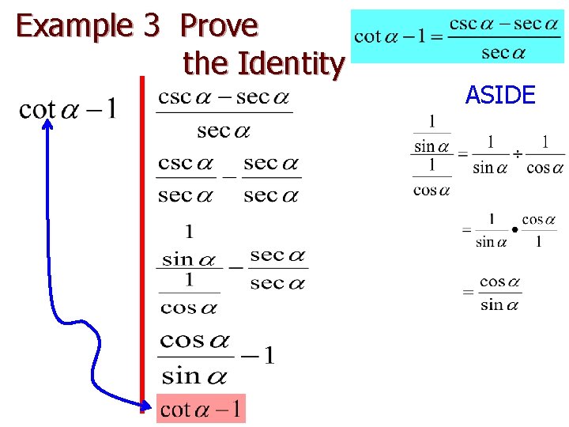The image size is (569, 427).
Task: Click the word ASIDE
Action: coord(500,96)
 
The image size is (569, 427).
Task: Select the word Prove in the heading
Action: coord(219,26)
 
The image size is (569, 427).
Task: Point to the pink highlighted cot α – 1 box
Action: coord(201,409)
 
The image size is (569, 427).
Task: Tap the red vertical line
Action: coord(143,237)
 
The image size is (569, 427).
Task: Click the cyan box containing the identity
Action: coord(458,37)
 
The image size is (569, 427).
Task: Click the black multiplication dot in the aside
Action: coord(514,229)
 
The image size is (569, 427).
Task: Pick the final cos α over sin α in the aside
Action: coord(500,293)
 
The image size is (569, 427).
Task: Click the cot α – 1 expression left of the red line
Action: coord(67,109)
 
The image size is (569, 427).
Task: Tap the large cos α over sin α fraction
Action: coord(195,357)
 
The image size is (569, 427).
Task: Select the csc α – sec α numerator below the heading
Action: coord(224,98)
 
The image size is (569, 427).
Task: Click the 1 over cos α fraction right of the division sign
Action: coord(545,155)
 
